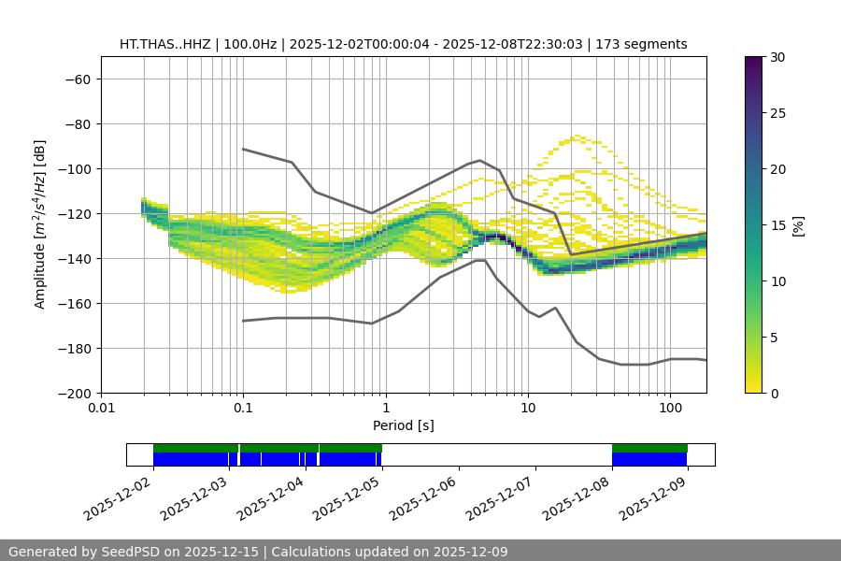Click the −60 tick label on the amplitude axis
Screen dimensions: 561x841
[77, 79]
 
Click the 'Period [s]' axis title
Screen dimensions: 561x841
[403, 425]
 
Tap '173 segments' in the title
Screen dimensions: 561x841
[643, 44]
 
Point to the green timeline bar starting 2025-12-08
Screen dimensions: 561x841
[649, 448]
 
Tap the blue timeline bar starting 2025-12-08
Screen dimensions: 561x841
[649, 459]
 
